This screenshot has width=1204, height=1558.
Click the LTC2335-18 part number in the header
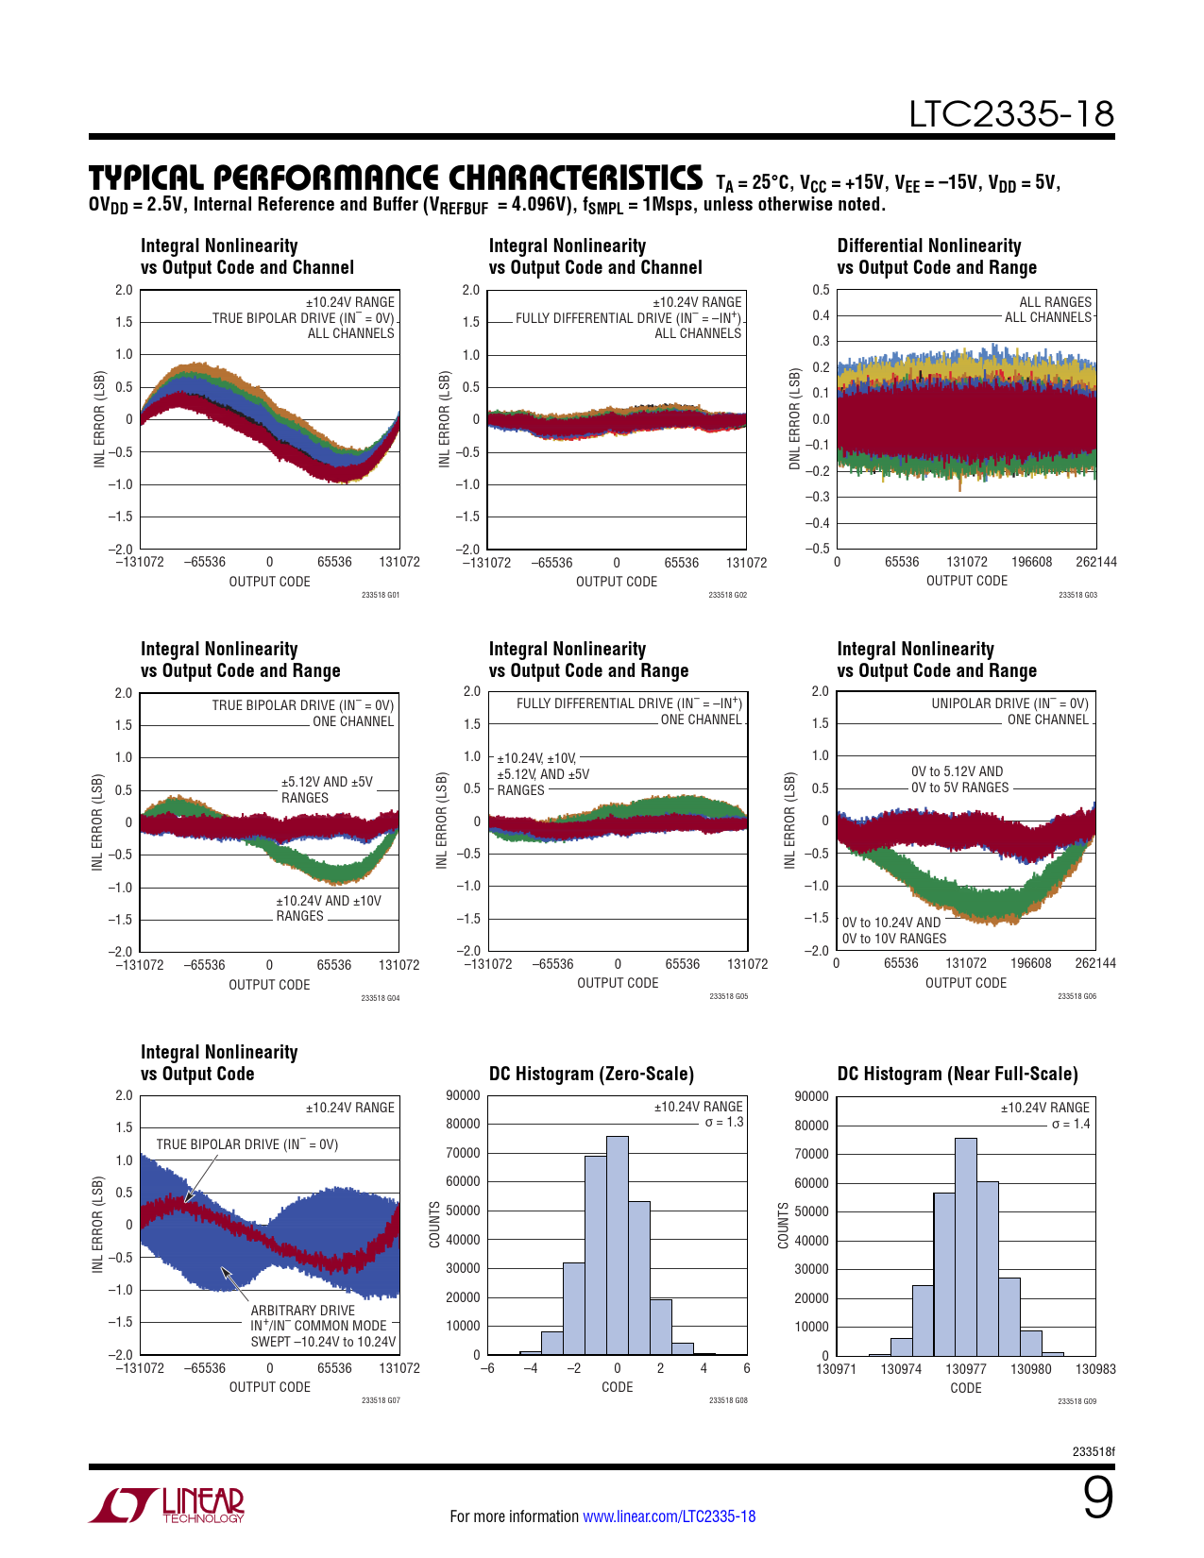point(1011,114)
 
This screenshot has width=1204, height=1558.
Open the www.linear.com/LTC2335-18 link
point(669,1516)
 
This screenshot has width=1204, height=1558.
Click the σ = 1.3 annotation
point(724,1122)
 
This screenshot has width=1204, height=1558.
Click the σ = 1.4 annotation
point(1071,1124)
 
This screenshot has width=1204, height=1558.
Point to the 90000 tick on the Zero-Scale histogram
point(463,1095)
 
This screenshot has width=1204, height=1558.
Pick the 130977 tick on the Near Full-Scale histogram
point(966,1369)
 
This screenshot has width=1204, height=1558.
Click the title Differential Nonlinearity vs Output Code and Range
point(936,257)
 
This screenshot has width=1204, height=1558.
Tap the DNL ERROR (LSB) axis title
point(795,418)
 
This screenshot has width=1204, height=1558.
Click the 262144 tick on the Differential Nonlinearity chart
point(1095,562)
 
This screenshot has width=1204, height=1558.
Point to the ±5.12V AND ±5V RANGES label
point(327,789)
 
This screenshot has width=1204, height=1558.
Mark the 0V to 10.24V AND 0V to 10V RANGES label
point(893,930)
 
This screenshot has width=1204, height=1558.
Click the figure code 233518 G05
point(728,996)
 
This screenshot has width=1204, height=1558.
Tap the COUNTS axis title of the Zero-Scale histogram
point(435,1225)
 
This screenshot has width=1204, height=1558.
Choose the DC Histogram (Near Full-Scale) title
point(957,1074)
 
